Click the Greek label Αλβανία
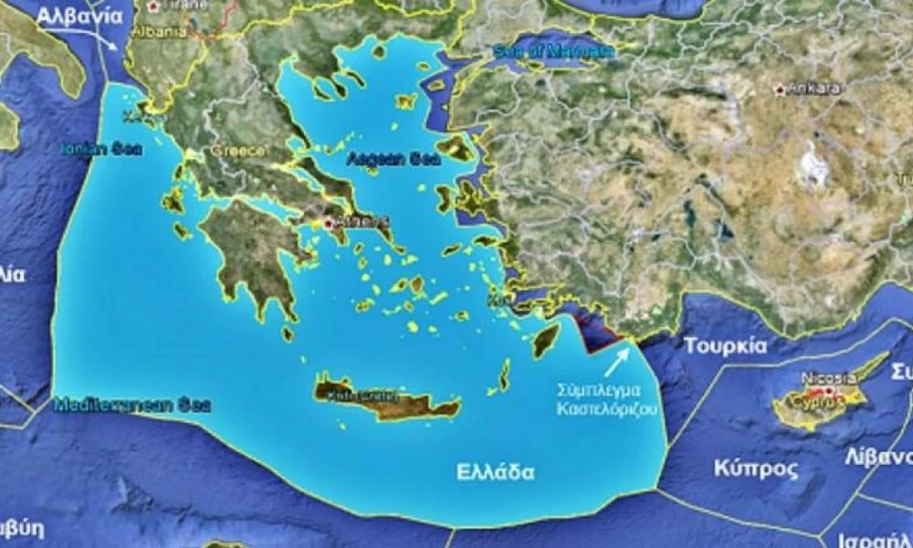pyautogui.click(x=81, y=16)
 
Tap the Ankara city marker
pyautogui.click(x=779, y=90)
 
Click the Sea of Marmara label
pyautogui.click(x=552, y=52)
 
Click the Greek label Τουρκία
pyautogui.click(x=725, y=346)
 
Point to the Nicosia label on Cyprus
pyautogui.click(x=828, y=378)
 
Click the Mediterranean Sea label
pyautogui.click(x=132, y=404)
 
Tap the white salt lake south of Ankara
pyautogui.click(x=812, y=165)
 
